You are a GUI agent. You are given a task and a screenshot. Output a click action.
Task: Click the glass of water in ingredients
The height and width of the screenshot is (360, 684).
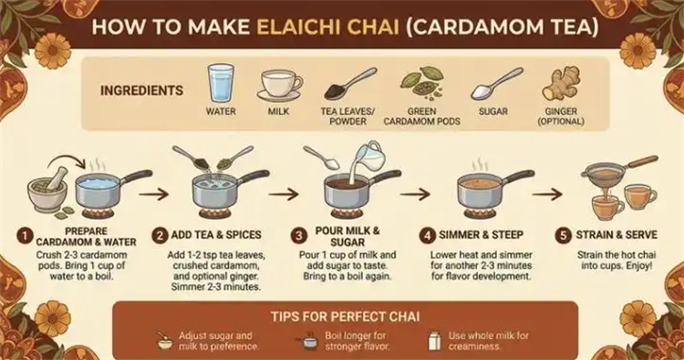221,83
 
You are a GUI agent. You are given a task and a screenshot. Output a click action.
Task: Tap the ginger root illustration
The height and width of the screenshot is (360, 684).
562,83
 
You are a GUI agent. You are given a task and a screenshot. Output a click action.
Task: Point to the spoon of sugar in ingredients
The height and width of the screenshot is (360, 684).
496,84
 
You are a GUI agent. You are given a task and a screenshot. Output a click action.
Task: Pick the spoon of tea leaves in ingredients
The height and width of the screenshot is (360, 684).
350,84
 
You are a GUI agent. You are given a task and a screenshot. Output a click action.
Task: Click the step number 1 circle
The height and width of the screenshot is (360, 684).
25,236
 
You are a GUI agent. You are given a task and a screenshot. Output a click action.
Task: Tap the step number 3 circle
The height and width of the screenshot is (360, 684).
299,236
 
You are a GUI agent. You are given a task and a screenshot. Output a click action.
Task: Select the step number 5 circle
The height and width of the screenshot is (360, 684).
564,236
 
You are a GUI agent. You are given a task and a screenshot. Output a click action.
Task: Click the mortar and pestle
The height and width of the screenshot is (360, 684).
47,189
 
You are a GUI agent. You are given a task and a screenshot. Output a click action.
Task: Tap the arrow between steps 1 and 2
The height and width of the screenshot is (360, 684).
154,194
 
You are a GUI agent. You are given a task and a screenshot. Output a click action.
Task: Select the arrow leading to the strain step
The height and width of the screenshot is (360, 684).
547,194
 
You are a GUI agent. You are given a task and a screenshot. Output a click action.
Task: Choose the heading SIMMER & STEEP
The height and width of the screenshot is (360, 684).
481,235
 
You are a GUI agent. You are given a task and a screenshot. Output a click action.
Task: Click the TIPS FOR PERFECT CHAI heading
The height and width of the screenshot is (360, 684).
345,316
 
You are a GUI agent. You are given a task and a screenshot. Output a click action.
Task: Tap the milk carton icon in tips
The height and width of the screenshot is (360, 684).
434,340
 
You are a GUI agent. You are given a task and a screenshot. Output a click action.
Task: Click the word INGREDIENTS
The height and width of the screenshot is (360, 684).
141,90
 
